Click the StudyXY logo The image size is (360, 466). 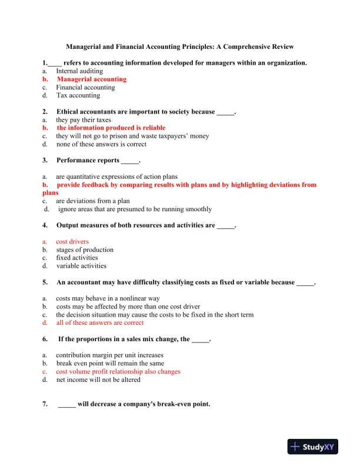tap(312, 447)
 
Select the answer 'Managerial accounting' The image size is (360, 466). tap(91, 79)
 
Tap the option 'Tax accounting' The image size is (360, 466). tap(78, 95)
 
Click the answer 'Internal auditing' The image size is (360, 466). tap(79, 71)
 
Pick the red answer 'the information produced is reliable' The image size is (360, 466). tap(111, 128)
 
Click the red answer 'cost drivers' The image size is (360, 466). tap(72, 241)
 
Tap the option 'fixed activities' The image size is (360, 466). tap(77, 258)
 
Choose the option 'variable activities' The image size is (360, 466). tap(81, 266)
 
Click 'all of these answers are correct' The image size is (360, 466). tap(99, 322)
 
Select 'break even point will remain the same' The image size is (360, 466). tap(110, 363)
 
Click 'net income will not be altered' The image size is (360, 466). tap(98, 380)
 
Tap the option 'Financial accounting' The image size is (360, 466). tap(85, 87)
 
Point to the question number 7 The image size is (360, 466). tap(45, 404)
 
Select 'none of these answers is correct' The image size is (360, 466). tap(101, 144)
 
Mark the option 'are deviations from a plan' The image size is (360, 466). tap(92, 201)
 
